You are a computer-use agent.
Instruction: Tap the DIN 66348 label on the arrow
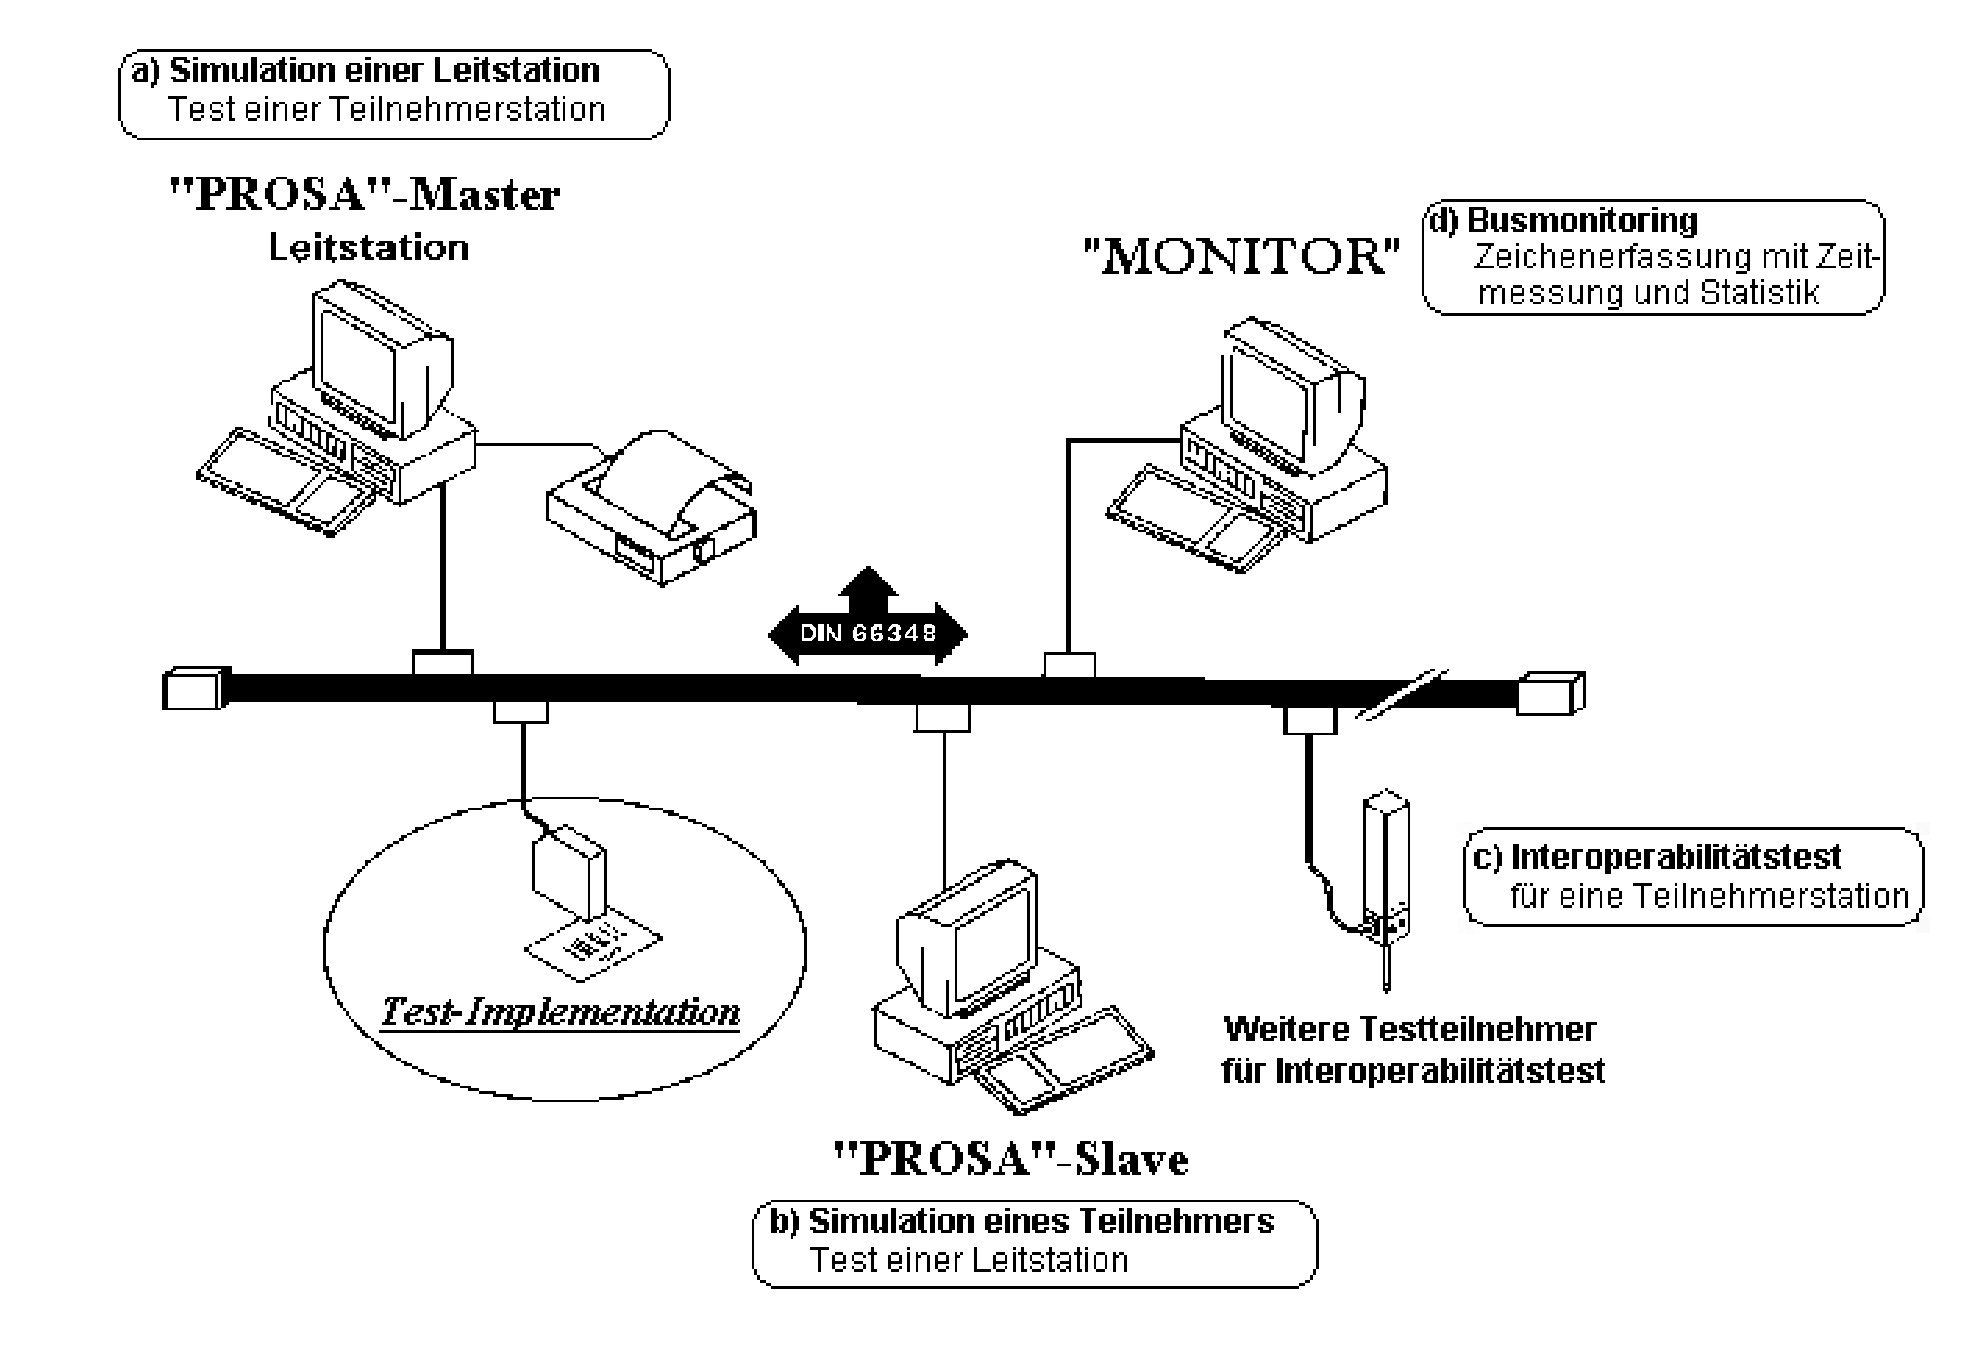tap(867, 633)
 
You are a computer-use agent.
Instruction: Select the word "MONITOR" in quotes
tap(1241, 257)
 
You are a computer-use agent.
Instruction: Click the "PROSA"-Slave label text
tap(1010, 1159)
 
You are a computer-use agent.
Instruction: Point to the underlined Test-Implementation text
tap(560, 1012)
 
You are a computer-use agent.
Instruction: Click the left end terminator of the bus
tap(193, 689)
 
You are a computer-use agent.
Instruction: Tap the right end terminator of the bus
tap(1550, 692)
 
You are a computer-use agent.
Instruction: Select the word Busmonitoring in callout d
tap(1582, 221)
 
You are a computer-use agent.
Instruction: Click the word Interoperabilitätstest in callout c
tap(1676, 857)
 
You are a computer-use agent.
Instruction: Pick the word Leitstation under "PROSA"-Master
tap(369, 248)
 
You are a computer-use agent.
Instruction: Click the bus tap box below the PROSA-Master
tap(442, 663)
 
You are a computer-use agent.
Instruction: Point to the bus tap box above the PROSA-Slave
tap(943, 717)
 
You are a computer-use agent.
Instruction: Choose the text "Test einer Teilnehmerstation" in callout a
tap(387, 109)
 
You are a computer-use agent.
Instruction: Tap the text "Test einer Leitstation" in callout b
tap(969, 1260)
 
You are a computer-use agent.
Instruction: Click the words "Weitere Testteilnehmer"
tap(1410, 1029)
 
